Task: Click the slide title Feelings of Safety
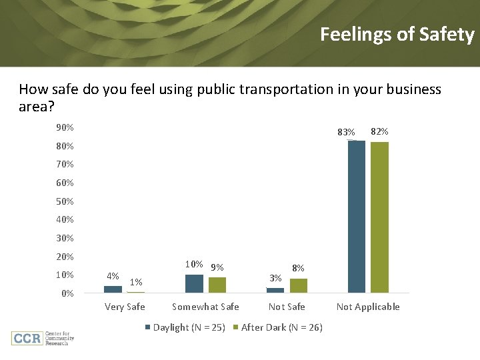[x=397, y=35]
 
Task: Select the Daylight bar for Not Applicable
[x=357, y=217]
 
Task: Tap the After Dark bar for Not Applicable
[x=379, y=217]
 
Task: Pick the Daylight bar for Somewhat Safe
[x=194, y=284]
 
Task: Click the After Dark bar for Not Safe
[x=299, y=286]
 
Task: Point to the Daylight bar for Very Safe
[x=113, y=289]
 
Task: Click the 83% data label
[x=347, y=133]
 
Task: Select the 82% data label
[x=379, y=132]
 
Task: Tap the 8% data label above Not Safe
[x=298, y=267]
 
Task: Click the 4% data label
[x=113, y=276]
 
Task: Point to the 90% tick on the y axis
[x=65, y=127]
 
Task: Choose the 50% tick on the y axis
[x=65, y=201]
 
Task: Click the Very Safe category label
[x=125, y=307]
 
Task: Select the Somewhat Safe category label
[x=205, y=307]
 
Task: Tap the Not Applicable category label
[x=368, y=307]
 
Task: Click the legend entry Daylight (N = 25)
[x=189, y=327]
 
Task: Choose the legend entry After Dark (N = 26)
[x=281, y=327]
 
